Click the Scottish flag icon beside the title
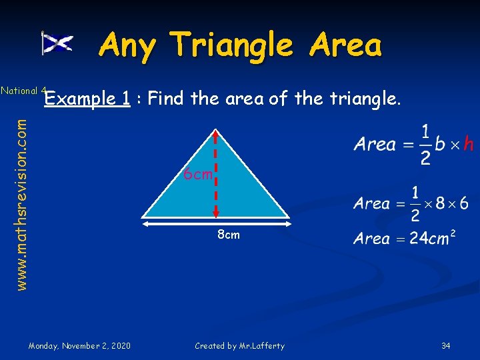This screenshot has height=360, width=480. (57, 44)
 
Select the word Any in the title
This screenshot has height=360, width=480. (128, 45)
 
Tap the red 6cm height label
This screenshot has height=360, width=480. (198, 175)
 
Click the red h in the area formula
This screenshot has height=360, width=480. (468, 144)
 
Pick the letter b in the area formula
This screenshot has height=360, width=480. (439, 144)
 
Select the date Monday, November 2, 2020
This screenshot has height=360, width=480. (80, 345)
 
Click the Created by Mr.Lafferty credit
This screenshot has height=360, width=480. (239, 345)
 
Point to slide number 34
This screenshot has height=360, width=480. (446, 345)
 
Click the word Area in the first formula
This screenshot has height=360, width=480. (375, 144)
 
